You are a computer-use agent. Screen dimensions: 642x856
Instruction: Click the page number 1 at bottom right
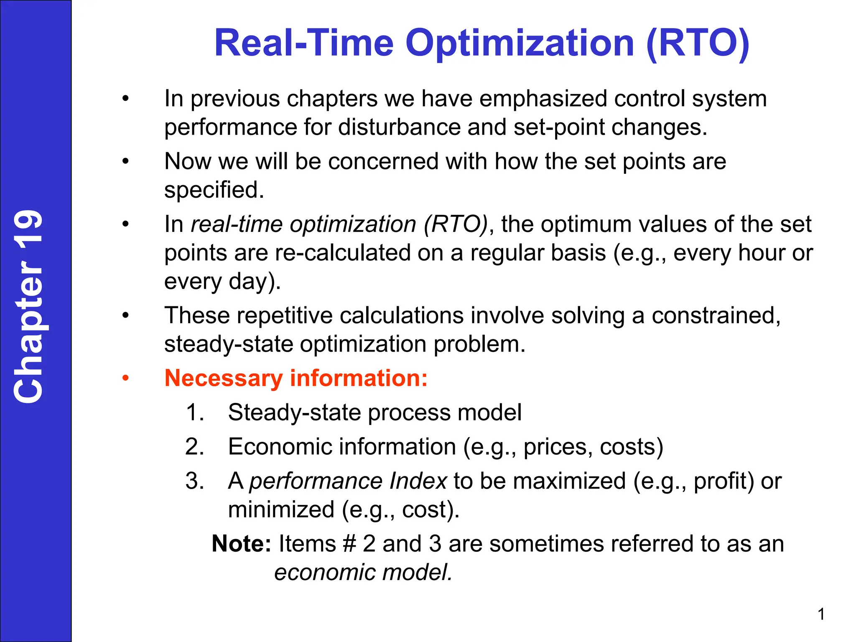[x=821, y=614]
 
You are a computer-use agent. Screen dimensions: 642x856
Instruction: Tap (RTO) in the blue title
[x=698, y=43]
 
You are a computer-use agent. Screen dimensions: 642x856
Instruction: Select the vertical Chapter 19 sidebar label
[x=28, y=306]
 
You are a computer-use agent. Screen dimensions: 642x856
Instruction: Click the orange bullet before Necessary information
[x=125, y=379]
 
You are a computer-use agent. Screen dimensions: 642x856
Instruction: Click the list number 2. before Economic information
[x=195, y=447]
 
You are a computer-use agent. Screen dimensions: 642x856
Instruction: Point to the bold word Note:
[x=242, y=544]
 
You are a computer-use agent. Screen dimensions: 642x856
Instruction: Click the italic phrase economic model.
[x=363, y=572]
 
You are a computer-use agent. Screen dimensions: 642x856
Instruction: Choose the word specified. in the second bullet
[x=214, y=190]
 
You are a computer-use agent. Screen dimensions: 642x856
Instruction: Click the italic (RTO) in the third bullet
[x=456, y=224]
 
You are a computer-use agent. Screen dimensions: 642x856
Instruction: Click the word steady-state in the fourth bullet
[x=229, y=344]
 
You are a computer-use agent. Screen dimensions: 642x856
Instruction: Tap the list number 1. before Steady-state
[x=195, y=413]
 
